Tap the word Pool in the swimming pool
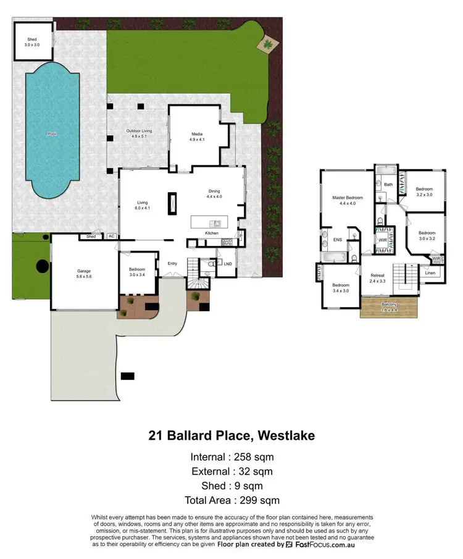click(51, 133)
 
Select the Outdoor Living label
click(139, 131)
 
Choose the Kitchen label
click(212, 233)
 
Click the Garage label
click(84, 271)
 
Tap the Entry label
click(172, 264)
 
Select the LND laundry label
click(227, 264)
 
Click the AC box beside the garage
click(111, 237)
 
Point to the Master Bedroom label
click(347, 198)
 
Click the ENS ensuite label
click(338, 239)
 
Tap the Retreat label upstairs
click(378, 275)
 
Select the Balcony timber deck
click(390, 307)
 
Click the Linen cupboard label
click(430, 272)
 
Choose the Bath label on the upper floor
click(388, 184)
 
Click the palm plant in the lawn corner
click(268, 44)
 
